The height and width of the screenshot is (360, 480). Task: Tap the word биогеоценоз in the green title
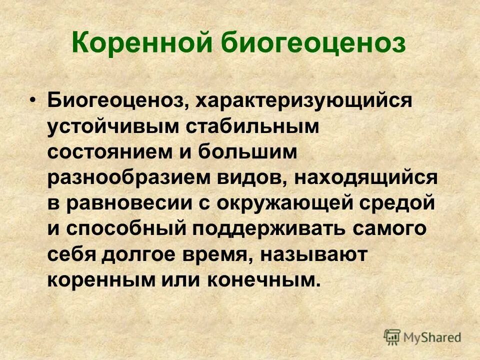[x=313, y=44]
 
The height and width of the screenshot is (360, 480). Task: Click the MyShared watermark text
[x=432, y=337]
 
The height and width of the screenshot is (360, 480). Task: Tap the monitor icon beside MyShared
[x=392, y=337]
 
